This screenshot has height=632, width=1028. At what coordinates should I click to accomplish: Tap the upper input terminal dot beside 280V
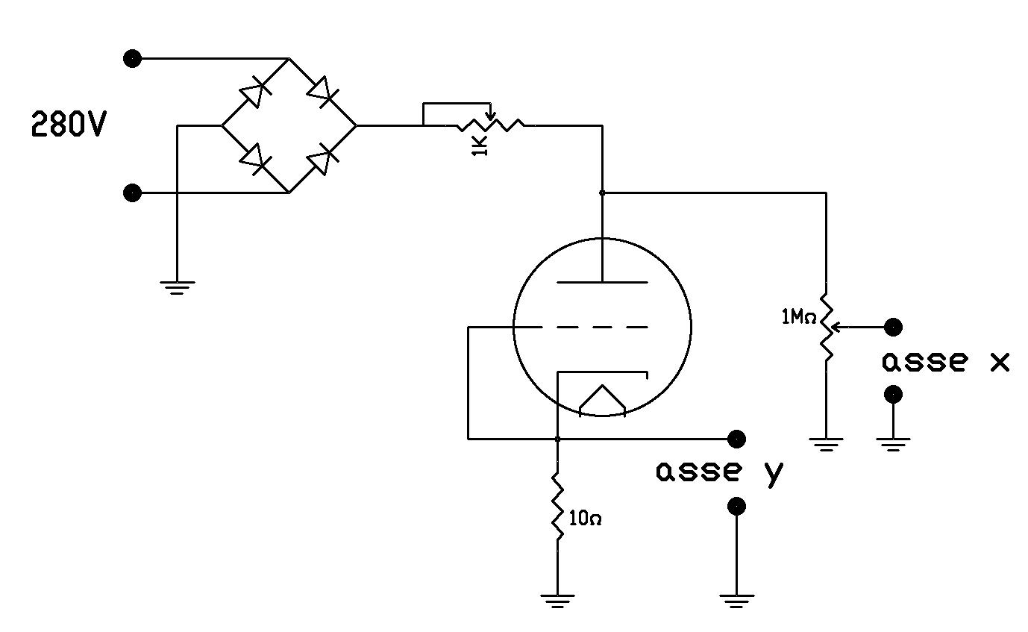(132, 59)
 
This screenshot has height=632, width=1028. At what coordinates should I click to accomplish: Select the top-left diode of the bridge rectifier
(254, 93)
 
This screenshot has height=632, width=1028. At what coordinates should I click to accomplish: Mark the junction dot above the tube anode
(602, 193)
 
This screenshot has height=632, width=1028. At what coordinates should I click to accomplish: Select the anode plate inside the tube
(602, 282)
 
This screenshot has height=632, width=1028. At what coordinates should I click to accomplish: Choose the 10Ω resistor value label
(585, 519)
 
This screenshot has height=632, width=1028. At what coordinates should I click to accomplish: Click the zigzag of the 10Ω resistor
(557, 507)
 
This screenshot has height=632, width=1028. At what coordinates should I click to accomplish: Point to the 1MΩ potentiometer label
(797, 317)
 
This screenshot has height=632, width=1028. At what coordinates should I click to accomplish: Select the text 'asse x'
(945, 362)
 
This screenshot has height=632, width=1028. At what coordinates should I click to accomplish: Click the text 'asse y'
(720, 472)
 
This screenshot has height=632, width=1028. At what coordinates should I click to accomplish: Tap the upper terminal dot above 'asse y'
(736, 438)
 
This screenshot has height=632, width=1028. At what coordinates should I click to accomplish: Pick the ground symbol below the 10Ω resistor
(557, 599)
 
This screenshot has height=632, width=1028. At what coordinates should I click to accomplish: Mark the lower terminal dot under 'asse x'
(893, 394)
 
